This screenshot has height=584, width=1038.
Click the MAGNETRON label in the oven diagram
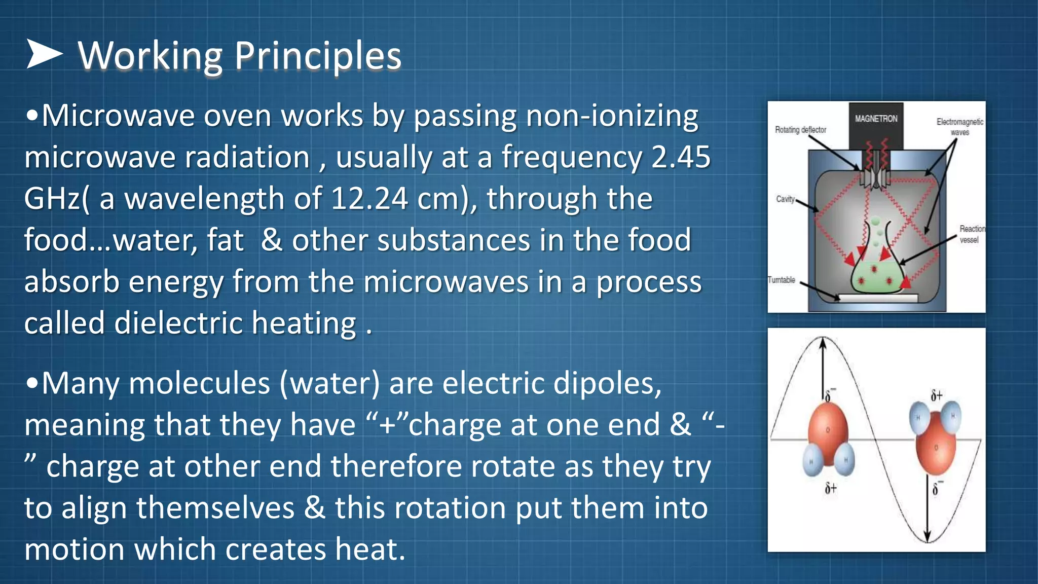876,119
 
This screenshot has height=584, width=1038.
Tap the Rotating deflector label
800,130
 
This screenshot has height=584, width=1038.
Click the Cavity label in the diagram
785,199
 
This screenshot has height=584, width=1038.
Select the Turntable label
781,280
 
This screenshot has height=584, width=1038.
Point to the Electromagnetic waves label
959,127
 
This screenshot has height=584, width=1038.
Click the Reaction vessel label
971,234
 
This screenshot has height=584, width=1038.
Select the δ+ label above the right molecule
936,395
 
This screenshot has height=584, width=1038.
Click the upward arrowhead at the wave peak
823,343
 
